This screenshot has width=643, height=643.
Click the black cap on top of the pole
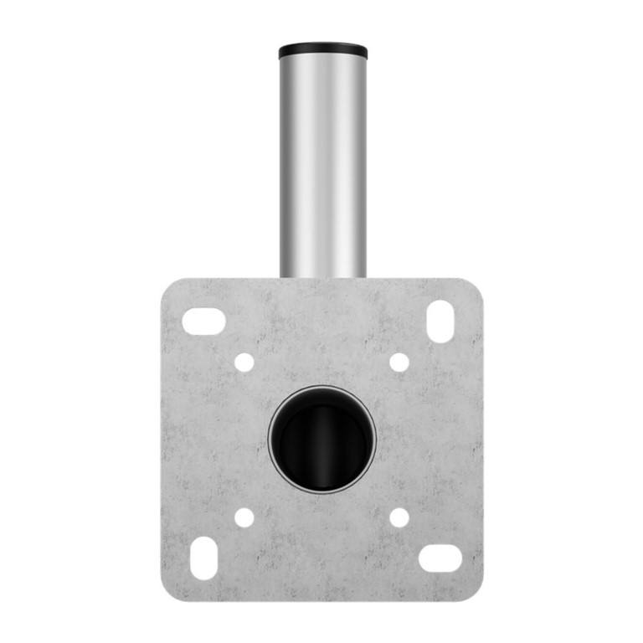click(322, 50)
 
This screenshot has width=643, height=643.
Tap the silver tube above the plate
click(322, 167)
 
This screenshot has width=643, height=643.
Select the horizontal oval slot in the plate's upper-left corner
click(203, 321)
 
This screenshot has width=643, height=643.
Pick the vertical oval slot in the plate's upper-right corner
click(440, 321)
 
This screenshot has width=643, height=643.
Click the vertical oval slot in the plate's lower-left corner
click(203, 558)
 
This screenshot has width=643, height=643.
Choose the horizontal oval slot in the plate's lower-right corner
click(440, 558)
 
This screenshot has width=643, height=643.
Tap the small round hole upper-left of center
click(244, 363)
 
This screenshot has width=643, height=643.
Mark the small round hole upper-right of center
click(399, 363)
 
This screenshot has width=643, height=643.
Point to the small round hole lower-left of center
click(244, 517)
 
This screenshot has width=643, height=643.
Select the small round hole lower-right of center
click(399, 517)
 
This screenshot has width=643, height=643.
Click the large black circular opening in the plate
click(322, 440)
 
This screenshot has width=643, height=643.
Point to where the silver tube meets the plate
click(322, 277)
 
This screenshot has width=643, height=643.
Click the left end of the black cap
click(282, 51)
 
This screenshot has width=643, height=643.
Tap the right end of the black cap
click(363, 51)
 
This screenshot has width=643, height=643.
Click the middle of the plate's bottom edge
click(322, 600)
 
